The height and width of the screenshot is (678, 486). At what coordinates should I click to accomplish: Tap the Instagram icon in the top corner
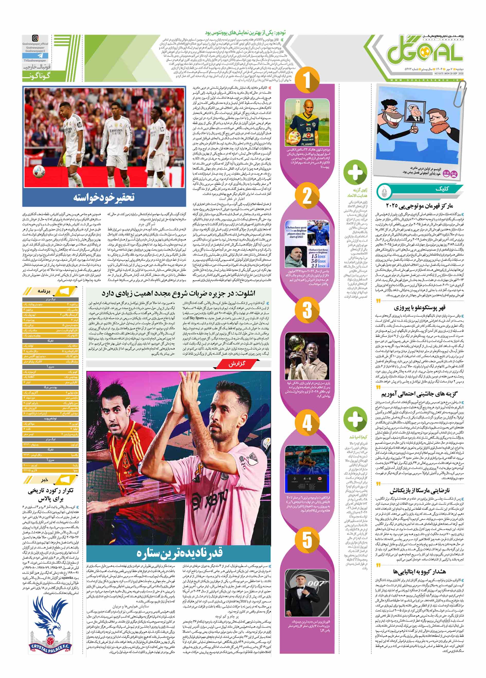[x=35, y=38]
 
